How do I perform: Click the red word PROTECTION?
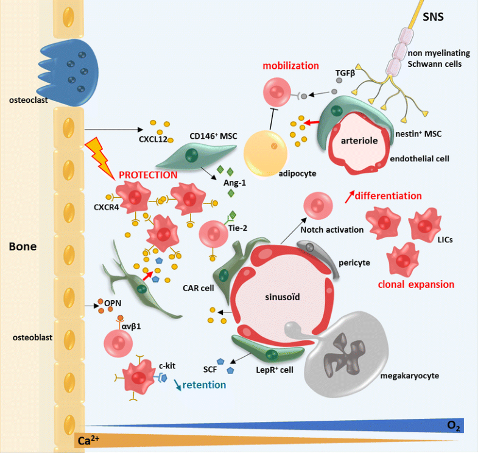(148, 175)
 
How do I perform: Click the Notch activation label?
(332, 230)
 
